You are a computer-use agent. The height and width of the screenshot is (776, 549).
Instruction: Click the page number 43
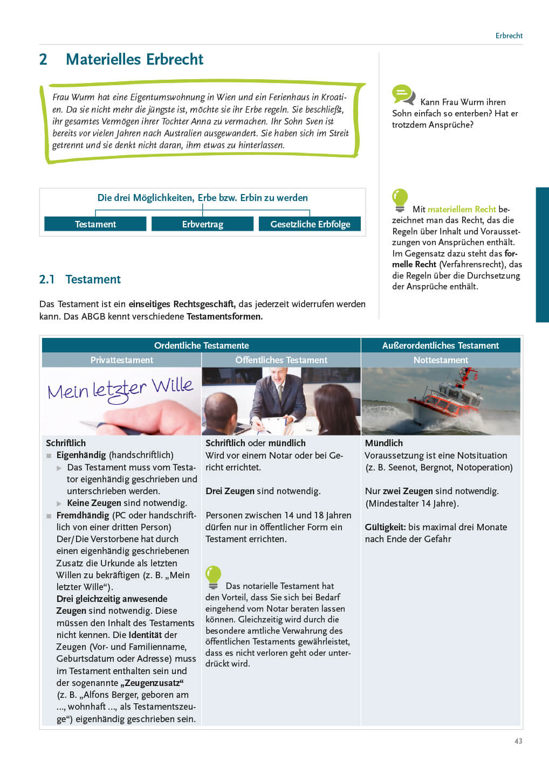(518, 741)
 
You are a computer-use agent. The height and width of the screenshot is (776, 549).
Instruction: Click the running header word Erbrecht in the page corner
(509, 36)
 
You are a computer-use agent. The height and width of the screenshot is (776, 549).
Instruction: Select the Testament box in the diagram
(95, 224)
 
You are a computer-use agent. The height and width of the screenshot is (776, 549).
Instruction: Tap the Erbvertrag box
(202, 224)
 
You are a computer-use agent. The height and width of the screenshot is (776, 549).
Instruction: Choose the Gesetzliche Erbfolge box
(310, 224)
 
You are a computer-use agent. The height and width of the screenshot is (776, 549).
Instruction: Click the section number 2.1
(47, 279)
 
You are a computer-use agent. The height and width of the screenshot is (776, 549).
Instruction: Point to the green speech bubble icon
(403, 95)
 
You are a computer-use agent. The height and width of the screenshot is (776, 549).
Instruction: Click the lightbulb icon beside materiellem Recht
(400, 200)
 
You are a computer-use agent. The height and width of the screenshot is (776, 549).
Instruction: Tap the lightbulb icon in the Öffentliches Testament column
(213, 577)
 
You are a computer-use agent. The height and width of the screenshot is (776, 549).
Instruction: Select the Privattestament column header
(122, 360)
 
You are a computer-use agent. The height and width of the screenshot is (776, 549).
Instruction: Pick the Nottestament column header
(441, 360)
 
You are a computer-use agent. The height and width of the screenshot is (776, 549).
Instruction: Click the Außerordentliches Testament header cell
(441, 345)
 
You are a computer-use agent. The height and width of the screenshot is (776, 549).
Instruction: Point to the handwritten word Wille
(172, 386)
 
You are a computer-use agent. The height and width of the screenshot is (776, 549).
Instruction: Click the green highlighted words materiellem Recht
(462, 209)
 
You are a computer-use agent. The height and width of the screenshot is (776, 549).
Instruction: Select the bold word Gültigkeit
(385, 527)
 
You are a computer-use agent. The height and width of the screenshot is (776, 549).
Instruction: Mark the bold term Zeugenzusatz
(152, 683)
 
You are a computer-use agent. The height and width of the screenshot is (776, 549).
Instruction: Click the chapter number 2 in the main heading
(44, 59)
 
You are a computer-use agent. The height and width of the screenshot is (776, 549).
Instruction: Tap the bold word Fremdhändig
(83, 515)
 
